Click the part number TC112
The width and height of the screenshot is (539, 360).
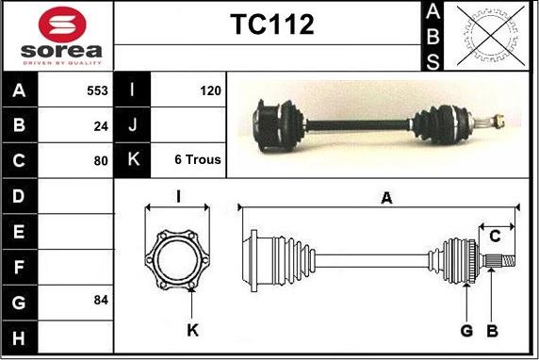[272, 25]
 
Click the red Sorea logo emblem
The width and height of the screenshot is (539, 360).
[62, 25]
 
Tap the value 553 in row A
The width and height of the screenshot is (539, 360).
[97, 90]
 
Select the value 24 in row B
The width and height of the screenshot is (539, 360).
[101, 126]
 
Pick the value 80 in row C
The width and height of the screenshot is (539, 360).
[101, 160]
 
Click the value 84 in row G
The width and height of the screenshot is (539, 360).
[101, 300]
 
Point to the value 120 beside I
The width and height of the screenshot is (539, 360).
[210, 90]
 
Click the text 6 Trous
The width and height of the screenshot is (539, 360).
[198, 159]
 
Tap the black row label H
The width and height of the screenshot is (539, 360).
[19, 338]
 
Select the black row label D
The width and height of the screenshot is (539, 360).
[19, 196]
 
